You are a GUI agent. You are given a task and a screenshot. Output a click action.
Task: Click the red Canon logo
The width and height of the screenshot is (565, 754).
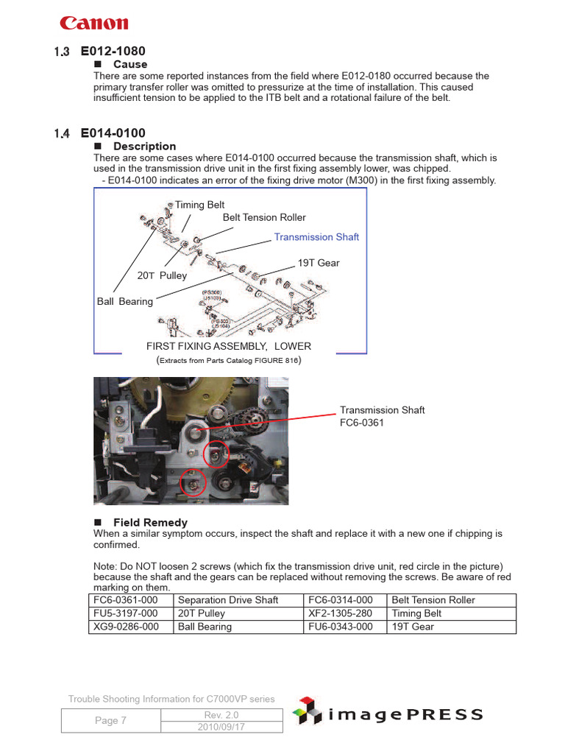(93, 24)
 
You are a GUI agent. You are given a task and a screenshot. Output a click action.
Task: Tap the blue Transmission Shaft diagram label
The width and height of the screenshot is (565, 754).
(316, 237)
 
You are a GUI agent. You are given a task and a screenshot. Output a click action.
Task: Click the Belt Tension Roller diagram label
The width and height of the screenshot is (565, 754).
(264, 217)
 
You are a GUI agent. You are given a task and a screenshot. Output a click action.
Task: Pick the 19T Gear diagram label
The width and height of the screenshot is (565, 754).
(319, 263)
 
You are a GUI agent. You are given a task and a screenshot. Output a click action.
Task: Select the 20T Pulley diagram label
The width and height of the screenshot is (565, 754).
(162, 275)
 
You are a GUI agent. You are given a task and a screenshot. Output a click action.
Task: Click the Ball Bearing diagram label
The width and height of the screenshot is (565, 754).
(125, 301)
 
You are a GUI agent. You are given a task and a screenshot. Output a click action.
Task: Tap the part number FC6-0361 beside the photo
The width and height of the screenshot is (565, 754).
(361, 423)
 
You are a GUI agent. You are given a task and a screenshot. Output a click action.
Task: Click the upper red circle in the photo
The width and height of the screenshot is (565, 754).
(216, 456)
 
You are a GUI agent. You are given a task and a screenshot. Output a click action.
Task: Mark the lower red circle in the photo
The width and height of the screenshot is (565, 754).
(193, 483)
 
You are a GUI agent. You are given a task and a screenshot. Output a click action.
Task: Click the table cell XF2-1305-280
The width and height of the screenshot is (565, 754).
(341, 613)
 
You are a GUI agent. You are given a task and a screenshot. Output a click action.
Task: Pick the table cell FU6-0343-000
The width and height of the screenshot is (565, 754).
(341, 627)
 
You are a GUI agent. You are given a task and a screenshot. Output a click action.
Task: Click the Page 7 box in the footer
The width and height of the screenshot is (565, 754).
(110, 721)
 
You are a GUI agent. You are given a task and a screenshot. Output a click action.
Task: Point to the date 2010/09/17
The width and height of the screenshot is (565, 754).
(221, 727)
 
